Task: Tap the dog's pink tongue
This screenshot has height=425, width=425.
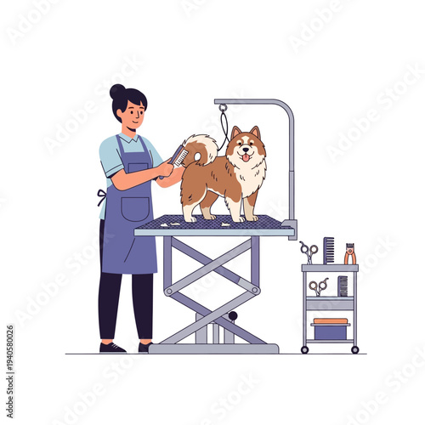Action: [x=246, y=157]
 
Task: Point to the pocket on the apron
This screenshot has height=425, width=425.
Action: [x=133, y=207]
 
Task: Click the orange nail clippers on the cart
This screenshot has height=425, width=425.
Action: [x=349, y=253]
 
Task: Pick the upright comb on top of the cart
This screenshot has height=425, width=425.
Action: [x=328, y=250]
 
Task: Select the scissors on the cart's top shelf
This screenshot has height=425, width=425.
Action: [x=309, y=252]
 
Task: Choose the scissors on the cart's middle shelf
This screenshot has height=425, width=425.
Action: [x=318, y=286]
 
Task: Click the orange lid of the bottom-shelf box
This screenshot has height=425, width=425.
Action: [x=330, y=321]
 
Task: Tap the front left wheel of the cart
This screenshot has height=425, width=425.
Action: [x=305, y=348]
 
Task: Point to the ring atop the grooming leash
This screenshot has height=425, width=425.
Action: [x=223, y=108]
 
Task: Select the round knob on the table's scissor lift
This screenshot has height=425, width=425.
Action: [x=232, y=317]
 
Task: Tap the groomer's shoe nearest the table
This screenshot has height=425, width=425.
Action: [x=144, y=347]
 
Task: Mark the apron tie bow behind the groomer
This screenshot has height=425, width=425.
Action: [x=101, y=196]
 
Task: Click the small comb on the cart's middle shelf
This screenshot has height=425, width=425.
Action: [x=342, y=286]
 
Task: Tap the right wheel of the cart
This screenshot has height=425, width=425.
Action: [x=354, y=348]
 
